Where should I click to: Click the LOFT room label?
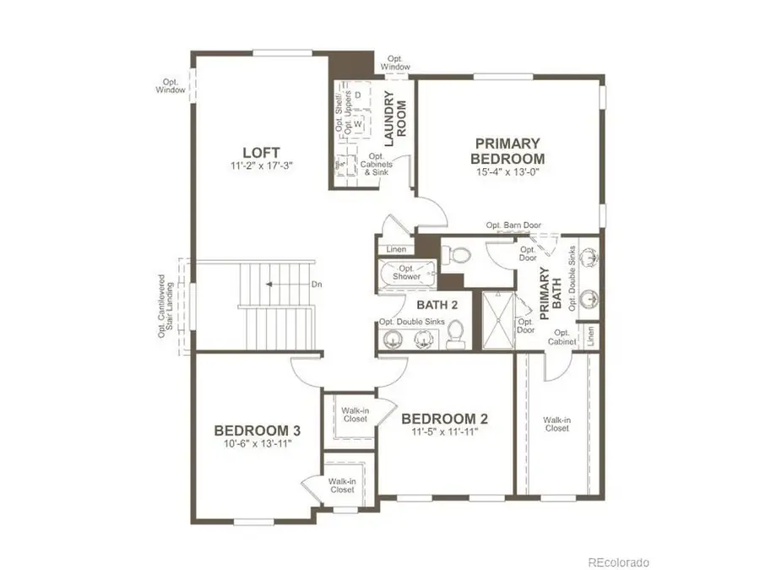[x=255, y=153]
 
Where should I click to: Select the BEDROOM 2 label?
[x=444, y=419]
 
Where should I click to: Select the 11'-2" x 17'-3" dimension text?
[x=255, y=166]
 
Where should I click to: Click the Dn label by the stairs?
[x=317, y=285]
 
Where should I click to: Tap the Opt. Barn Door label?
[x=513, y=225]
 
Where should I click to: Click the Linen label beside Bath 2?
[x=396, y=250]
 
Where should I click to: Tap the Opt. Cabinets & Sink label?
[x=376, y=165]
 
